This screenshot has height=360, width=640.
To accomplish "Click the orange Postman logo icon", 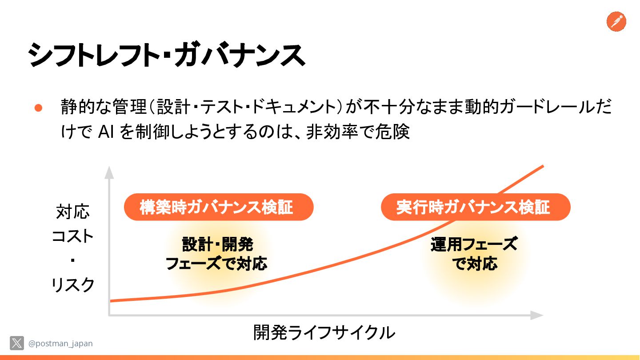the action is click(x=616, y=21).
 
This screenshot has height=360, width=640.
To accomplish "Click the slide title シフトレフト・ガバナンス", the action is click(x=166, y=56).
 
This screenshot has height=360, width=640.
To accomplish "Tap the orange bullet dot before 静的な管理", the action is click(x=38, y=108).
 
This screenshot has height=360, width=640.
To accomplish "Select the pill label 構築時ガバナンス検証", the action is click(x=219, y=207).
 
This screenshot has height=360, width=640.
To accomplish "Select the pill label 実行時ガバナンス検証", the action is click(x=476, y=207).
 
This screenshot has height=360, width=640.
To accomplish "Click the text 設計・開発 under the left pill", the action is click(x=217, y=244).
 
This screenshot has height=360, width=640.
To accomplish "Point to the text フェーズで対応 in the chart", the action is click(x=216, y=264).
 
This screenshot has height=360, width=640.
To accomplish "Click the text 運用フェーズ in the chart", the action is click(x=474, y=244).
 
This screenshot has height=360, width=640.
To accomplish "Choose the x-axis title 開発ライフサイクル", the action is click(x=324, y=332).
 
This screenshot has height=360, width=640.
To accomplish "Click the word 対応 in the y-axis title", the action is click(x=73, y=212).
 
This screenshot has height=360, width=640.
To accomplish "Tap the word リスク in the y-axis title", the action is click(x=73, y=285).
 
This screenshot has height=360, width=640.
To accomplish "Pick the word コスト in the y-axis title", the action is click(x=73, y=236).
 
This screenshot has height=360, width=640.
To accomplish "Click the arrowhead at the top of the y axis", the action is click(x=109, y=172).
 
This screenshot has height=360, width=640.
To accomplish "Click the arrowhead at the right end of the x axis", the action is click(x=537, y=315).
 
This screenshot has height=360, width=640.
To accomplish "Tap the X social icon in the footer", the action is click(x=17, y=343).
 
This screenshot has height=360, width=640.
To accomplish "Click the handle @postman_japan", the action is click(x=60, y=344).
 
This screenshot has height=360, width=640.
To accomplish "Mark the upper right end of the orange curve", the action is click(x=542, y=166).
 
